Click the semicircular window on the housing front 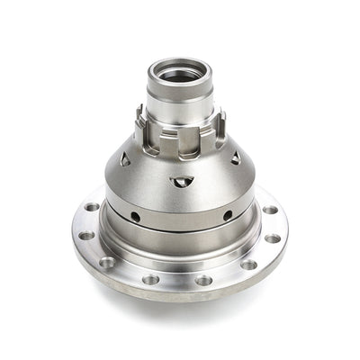pos(181,182)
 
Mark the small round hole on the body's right pos(227,215)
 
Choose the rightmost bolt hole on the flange pos(274,238)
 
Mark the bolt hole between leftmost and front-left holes pos(107,263)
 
